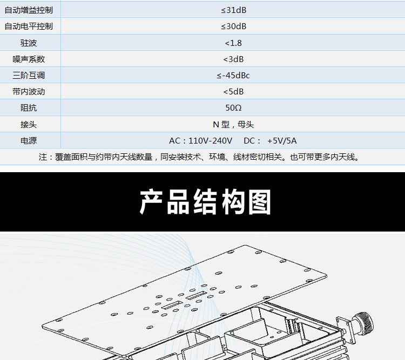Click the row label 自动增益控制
(x=29, y=10)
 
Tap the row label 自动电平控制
(x=29, y=26)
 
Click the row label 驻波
(x=29, y=43)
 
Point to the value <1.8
(x=233, y=43)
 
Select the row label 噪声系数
(x=29, y=59)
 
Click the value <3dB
(x=233, y=59)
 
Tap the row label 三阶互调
(x=29, y=75)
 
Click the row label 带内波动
(x=29, y=92)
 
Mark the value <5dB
(x=233, y=92)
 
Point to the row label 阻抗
(x=29, y=108)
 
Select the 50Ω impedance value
(x=233, y=108)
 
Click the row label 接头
(x=29, y=124)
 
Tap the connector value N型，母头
(x=233, y=124)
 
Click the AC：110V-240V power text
(x=200, y=141)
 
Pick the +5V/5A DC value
(x=282, y=141)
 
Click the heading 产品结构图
(x=205, y=202)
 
